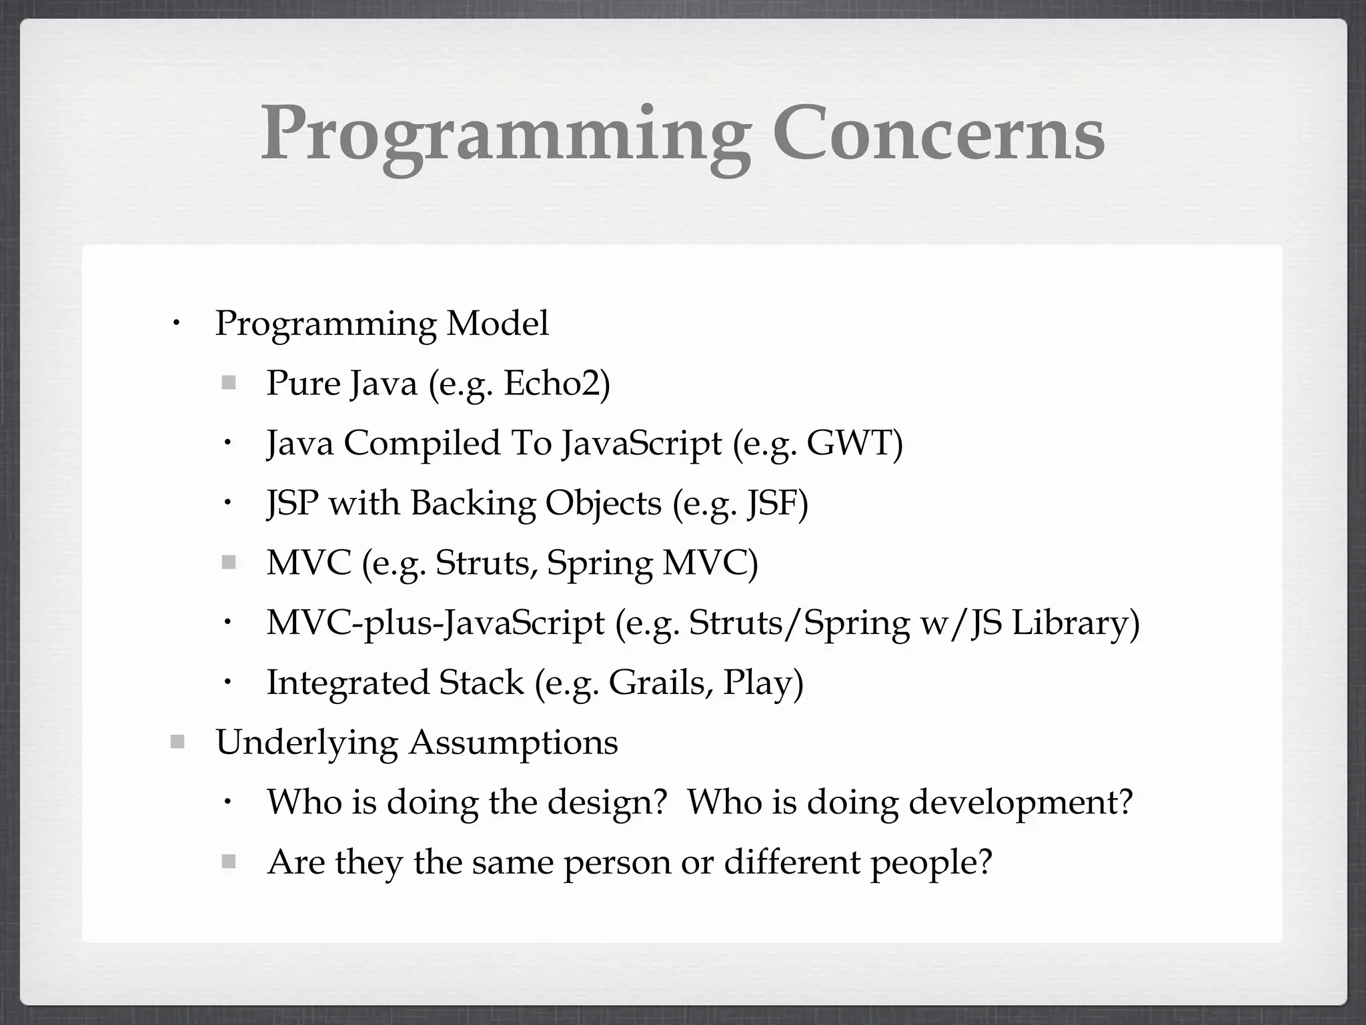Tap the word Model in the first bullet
pyautogui.click(x=498, y=324)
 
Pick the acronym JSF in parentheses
pyautogui.click(x=776, y=503)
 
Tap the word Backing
pyautogui.click(x=472, y=503)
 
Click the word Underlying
pyautogui.click(x=307, y=743)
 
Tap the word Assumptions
pyautogui.click(x=514, y=743)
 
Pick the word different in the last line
pyautogui.click(x=792, y=862)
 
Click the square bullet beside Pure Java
pyautogui.click(x=229, y=383)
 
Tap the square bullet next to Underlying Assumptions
pyautogui.click(x=177, y=742)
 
